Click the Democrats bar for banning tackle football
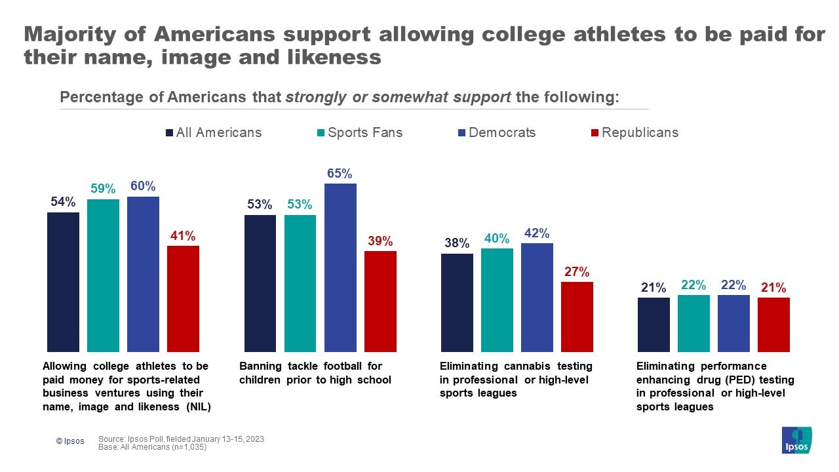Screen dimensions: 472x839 click(340, 267)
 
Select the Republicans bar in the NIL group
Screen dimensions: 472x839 click(183, 299)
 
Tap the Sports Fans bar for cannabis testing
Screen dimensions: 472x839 click(497, 300)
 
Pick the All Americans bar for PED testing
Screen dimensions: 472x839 click(654, 324)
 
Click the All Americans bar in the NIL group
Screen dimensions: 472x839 click(63, 282)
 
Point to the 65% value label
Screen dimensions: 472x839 click(340, 174)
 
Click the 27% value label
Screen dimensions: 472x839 click(577, 272)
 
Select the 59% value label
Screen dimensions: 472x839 click(103, 189)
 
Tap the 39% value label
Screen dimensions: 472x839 click(380, 241)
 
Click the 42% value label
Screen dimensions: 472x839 click(537, 233)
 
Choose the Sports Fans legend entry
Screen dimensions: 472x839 click(359, 132)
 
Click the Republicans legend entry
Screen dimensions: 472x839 click(634, 132)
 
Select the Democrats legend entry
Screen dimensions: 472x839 click(497, 132)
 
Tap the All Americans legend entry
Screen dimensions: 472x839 click(213, 132)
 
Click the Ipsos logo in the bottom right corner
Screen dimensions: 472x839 click(796, 440)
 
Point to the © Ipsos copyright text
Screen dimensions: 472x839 click(70, 441)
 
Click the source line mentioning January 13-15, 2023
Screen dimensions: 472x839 click(181, 439)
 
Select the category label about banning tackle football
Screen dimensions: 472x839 click(315, 373)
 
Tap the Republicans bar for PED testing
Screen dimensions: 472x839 click(773, 324)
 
